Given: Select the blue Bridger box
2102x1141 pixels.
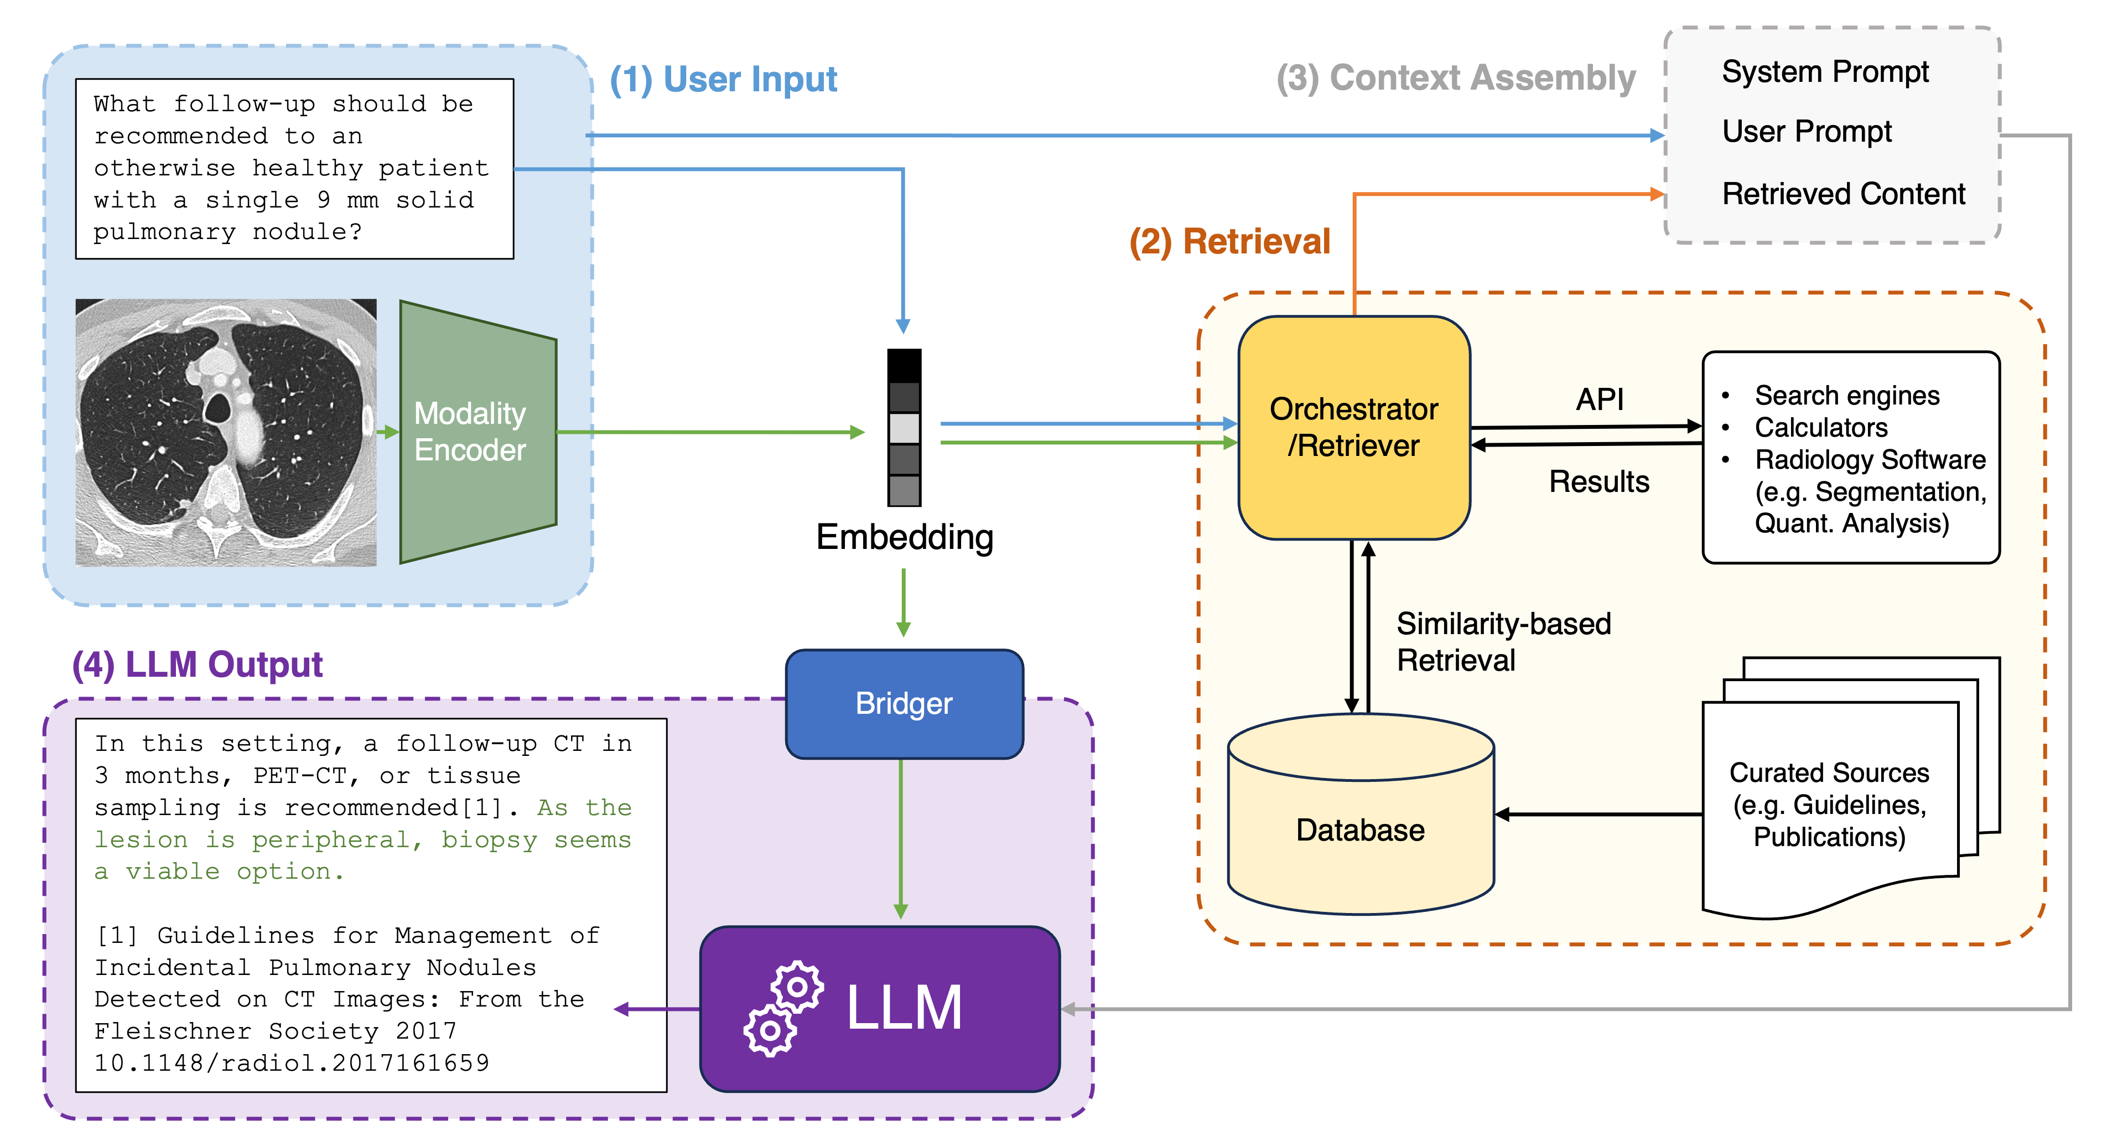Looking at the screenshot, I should tap(904, 703).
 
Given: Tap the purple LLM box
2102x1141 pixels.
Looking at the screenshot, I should tap(880, 1008).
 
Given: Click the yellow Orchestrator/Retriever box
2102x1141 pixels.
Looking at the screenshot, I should tap(1354, 428).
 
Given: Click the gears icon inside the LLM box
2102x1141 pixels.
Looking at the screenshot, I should tap(782, 1009).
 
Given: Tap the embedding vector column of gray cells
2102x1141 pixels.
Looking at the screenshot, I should tap(904, 428).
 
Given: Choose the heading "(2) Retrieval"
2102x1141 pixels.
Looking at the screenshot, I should tap(1229, 242).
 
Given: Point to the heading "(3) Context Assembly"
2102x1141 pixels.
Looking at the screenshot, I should tap(1456, 79).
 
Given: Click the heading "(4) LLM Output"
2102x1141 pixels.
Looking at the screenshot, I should tap(198, 665).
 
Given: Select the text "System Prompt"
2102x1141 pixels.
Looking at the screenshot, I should tap(1825, 72).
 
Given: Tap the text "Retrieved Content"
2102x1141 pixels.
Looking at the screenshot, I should tap(1843, 194).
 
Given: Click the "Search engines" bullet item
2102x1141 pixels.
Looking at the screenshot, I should tap(1846, 396).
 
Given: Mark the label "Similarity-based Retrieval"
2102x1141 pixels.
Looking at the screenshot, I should tap(1503, 641).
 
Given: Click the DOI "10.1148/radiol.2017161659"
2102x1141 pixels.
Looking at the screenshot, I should tap(291, 1062).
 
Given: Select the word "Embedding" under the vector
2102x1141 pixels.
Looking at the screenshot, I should tap(904, 537).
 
